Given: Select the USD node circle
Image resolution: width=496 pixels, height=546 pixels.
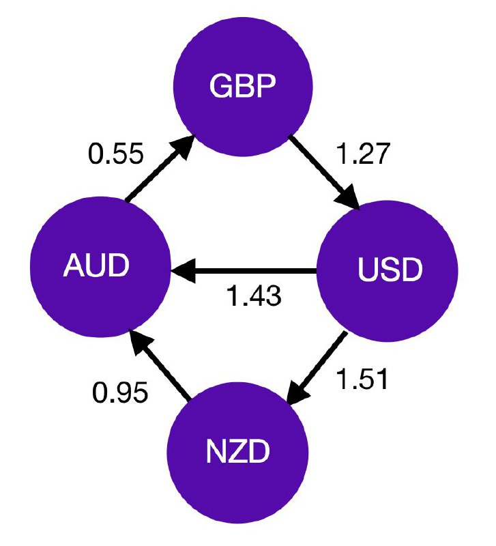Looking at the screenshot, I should coord(389,271).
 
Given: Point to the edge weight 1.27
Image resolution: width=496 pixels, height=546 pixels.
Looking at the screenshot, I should coord(362,155).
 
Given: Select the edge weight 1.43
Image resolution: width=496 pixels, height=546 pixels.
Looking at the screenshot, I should coord(253,298).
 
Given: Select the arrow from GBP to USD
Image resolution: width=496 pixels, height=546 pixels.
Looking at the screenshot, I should coord(325,172).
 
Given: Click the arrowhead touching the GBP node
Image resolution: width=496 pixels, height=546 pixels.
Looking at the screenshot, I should coord(185,145).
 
